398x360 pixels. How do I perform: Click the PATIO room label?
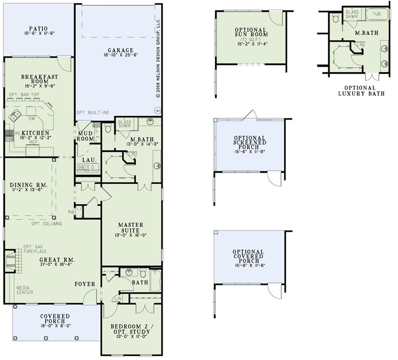[x=38, y=29]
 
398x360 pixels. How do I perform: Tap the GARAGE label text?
[x=118, y=50]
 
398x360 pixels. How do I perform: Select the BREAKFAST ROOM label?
[x=38, y=80]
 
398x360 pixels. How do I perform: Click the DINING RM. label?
[x=28, y=186]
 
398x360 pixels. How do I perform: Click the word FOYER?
[x=86, y=284]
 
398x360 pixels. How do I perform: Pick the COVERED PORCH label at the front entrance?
[x=55, y=319]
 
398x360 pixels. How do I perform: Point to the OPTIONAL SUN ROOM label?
[x=251, y=33]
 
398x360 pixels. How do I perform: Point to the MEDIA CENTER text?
[x=25, y=290]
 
